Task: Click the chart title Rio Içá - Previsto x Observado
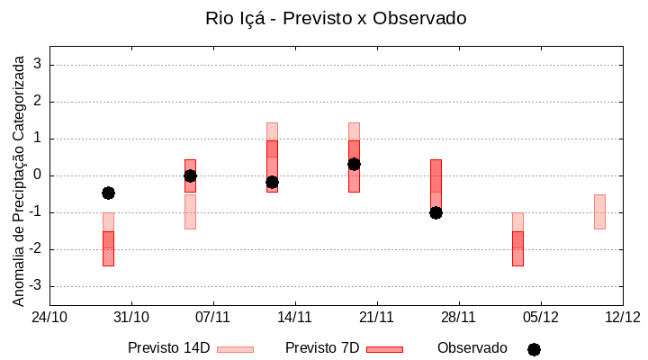[x=336, y=18]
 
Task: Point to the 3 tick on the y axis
[x=39, y=65]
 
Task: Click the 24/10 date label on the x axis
[x=49, y=317]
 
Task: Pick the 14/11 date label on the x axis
[x=294, y=317]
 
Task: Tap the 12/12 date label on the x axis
[x=622, y=317]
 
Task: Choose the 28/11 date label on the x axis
[x=458, y=317]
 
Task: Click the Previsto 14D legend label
[x=168, y=348]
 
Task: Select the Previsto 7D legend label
[x=322, y=348]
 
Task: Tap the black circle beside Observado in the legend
[x=534, y=349]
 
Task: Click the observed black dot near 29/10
[x=108, y=193]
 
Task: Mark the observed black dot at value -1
[x=436, y=212]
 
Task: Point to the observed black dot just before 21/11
[x=354, y=164]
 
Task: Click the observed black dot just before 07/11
[x=190, y=175]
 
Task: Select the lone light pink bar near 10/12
[x=599, y=211]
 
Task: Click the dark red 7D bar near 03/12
[x=517, y=248]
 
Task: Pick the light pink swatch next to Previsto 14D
[x=235, y=349]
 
